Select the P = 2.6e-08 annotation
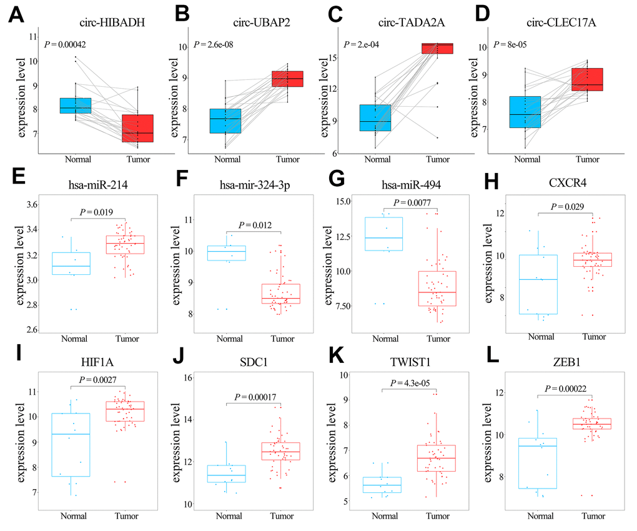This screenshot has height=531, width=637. click(x=218, y=44)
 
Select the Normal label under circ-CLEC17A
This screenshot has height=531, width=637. click(x=526, y=159)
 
